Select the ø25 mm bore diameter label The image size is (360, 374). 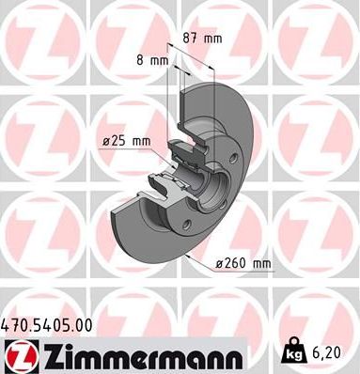pyautogui.click(x=127, y=142)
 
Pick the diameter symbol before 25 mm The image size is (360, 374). pyautogui.click(x=106, y=142)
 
